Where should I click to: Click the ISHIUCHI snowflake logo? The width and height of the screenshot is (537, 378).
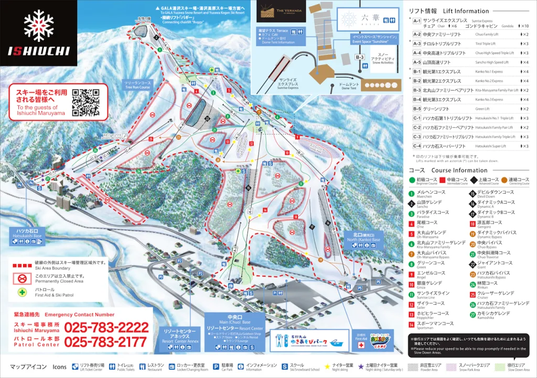[x=39, y=25]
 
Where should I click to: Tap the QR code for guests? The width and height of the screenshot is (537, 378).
[x=85, y=102]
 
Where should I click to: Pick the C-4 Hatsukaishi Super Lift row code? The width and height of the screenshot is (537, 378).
[x=417, y=146]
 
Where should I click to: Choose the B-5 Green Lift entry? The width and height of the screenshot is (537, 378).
[x=417, y=109]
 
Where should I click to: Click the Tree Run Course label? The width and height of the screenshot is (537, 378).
[x=137, y=85]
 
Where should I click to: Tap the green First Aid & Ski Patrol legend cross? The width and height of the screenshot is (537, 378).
[x=23, y=292]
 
